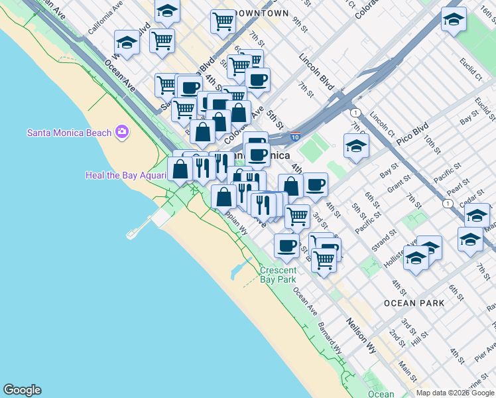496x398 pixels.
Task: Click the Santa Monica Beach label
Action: [x=69, y=132]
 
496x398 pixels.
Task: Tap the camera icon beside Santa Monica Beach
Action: [x=121, y=132]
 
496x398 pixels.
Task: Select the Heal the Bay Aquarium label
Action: [x=125, y=175]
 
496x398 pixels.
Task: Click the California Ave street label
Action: [x=105, y=18]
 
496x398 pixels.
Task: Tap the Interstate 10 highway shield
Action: [x=295, y=137]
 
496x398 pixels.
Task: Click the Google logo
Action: [x=22, y=390]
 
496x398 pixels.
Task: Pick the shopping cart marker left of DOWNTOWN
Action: [x=223, y=21]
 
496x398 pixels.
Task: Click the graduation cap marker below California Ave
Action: [x=126, y=43]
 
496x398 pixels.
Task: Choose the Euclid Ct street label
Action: [x=471, y=69]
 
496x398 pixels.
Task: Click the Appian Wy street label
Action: [x=235, y=222]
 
